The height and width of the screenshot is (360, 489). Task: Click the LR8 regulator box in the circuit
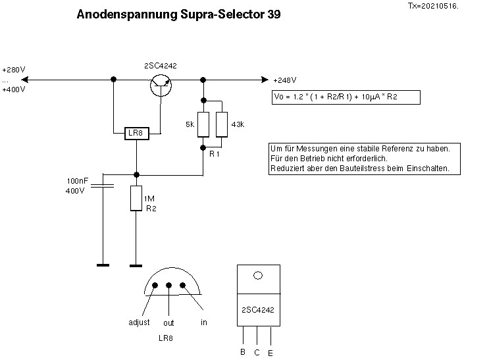pos(136,134)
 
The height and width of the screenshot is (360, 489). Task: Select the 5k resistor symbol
pos(203,124)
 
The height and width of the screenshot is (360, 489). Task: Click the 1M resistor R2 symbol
pos(136,198)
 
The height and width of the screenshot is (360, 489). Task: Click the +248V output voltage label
pos(284,81)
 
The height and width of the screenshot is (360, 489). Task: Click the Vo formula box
pos(346,97)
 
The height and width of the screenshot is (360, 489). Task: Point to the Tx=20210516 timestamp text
pos(433,5)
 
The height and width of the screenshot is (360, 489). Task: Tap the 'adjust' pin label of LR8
pos(140,322)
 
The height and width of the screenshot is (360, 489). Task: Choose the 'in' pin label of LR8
pos(204,322)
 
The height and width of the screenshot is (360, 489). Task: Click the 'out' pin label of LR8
pos(168,323)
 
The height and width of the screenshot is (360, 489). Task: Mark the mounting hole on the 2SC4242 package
pos(258,276)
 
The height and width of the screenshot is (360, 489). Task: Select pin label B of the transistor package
pos(242,352)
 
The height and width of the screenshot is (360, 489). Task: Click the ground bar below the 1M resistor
pos(136,266)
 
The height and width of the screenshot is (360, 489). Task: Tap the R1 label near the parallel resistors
pos(215,153)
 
